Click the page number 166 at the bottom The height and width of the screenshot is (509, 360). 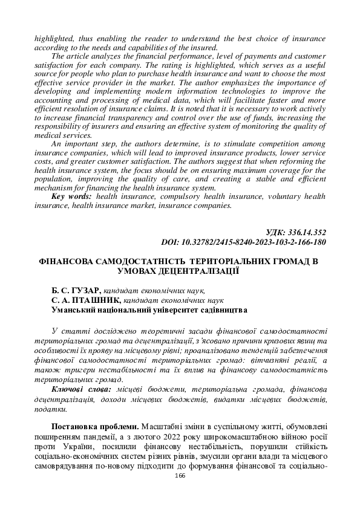(x=180, y=476)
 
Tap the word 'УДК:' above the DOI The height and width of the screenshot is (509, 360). (x=275, y=232)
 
